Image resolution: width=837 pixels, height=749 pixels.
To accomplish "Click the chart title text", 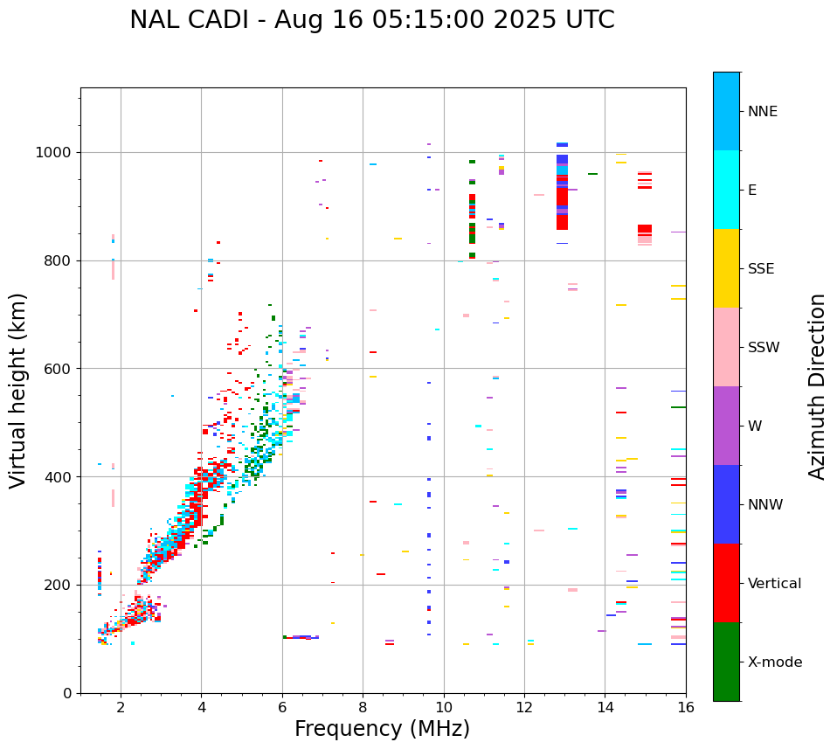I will (x=371, y=20).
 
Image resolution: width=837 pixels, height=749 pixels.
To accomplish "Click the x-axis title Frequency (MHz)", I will (x=382, y=729).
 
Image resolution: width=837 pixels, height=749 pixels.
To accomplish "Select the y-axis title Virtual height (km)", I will (x=18, y=390).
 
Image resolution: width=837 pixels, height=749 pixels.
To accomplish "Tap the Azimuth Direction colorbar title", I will (x=817, y=385).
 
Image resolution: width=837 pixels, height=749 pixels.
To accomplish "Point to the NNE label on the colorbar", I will (x=762, y=112).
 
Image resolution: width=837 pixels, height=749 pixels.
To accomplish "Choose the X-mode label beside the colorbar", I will (x=774, y=662).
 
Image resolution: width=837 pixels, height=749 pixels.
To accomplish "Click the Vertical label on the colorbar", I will (x=774, y=584).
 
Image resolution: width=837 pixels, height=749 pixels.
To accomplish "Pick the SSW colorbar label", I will (x=764, y=348).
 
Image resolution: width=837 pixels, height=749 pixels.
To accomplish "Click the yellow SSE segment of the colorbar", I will (x=726, y=267).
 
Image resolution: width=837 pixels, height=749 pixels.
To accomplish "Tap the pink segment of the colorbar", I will (x=726, y=346).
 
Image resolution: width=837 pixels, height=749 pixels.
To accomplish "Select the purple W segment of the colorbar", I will (x=726, y=425).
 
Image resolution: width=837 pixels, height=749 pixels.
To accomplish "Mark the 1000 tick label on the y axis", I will (x=57, y=153).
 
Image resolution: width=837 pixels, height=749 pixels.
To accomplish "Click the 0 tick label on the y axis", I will (x=68, y=693).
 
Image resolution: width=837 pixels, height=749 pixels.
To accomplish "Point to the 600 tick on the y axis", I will (x=60, y=369).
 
